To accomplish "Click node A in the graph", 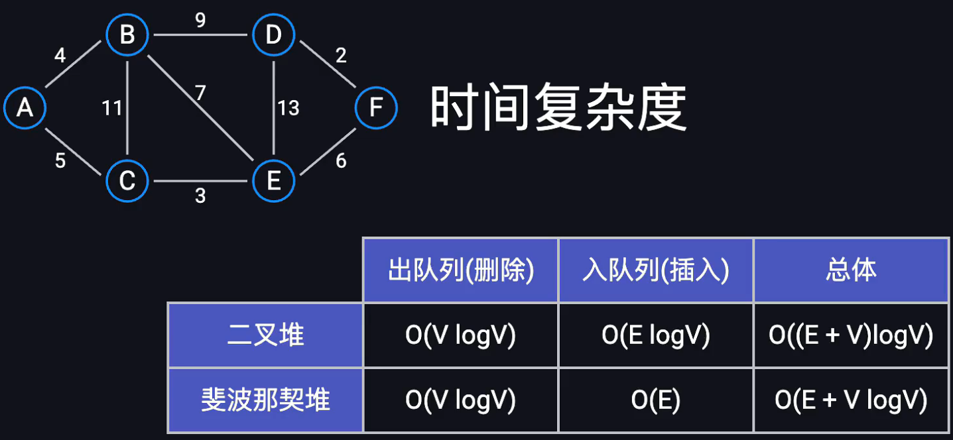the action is [x=25, y=107].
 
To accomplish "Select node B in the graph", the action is [x=127, y=34].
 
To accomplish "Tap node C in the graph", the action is [x=127, y=180].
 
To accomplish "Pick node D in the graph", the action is [x=273, y=34].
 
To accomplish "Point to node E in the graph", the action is [x=273, y=180].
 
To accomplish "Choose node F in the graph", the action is [x=376, y=107].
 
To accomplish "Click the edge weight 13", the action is [x=288, y=107].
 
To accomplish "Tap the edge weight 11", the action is [x=112, y=107].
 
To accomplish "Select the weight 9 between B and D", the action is [x=200, y=21].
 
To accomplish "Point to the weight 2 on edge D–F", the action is [x=341, y=55].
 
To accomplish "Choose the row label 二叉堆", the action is [x=265, y=335].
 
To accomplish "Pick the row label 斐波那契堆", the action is [x=265, y=400].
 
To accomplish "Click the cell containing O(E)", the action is [x=656, y=400].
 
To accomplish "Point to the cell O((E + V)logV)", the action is [x=851, y=335].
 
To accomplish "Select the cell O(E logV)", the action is [x=656, y=335].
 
